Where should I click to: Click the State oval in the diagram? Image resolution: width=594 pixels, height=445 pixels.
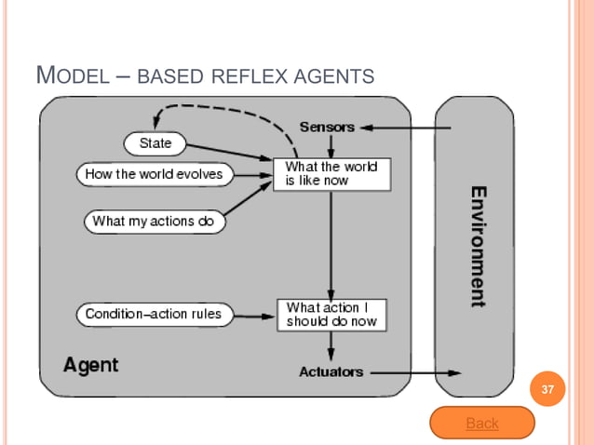[155, 143]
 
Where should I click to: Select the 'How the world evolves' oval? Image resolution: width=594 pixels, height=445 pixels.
[154, 174]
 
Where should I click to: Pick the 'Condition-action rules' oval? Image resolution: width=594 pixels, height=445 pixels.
[154, 314]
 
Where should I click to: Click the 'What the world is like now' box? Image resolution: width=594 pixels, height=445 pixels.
[331, 173]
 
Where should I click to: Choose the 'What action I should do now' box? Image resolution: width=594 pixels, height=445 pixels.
[331, 314]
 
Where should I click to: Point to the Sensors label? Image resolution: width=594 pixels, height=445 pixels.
[327, 127]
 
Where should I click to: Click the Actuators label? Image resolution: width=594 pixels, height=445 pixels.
[331, 372]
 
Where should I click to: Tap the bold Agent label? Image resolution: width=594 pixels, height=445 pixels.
[90, 365]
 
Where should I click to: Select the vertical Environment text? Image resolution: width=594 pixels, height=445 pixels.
[477, 246]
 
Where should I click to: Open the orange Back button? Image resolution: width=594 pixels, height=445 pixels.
[481, 424]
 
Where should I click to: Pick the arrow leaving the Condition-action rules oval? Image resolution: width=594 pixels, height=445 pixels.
[254, 315]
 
